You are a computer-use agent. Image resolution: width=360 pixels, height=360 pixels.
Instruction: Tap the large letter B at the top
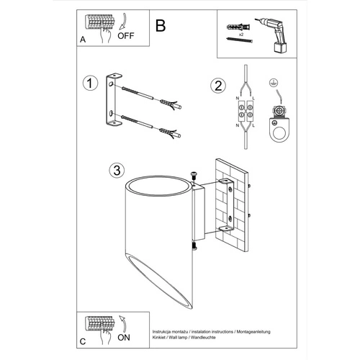(x=161, y=25)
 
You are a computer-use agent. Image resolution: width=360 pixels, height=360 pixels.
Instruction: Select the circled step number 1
(x=89, y=85)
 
